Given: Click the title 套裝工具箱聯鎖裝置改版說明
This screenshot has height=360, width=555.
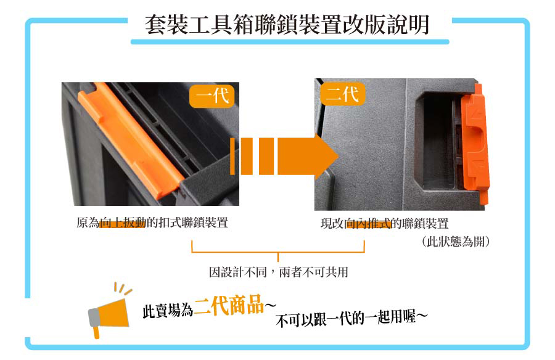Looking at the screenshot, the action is pyautogui.click(x=287, y=25).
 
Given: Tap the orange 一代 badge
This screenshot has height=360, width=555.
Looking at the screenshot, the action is pyautogui.click(x=212, y=96).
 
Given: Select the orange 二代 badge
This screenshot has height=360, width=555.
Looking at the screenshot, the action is pyautogui.click(x=343, y=94).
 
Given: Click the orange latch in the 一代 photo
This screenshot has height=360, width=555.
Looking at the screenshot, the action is pyautogui.click(x=129, y=140).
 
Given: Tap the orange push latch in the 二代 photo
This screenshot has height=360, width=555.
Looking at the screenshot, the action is pyautogui.click(x=475, y=144).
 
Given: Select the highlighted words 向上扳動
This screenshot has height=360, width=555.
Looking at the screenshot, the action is pyautogui.click(x=123, y=223).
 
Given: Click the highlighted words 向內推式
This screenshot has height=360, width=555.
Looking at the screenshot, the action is pyautogui.click(x=368, y=224).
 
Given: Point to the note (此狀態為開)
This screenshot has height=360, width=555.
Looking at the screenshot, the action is pyautogui.click(x=456, y=242).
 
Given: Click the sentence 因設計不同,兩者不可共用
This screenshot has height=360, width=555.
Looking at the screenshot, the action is pyautogui.click(x=279, y=272).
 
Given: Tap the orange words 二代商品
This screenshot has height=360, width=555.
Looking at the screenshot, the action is pyautogui.click(x=229, y=305).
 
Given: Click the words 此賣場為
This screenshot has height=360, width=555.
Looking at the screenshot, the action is pyautogui.click(x=168, y=311).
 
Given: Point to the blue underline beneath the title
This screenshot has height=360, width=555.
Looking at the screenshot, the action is pyautogui.click(x=290, y=42).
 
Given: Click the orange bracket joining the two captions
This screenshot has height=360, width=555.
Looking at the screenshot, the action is pyautogui.click(x=278, y=252).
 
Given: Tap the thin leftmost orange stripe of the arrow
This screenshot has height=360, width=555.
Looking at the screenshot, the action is pyautogui.click(x=232, y=156).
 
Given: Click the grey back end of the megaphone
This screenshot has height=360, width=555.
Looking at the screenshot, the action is pyautogui.click(x=94, y=317).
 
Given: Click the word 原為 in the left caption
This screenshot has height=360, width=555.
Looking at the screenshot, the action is pyautogui.click(x=88, y=223).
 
